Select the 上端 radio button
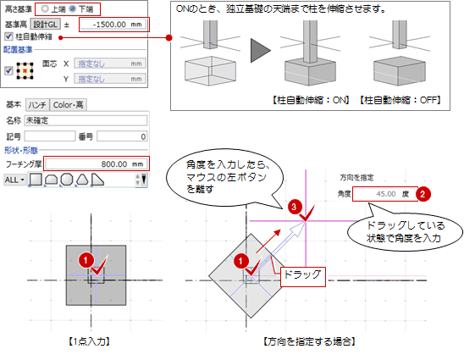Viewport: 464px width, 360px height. pos(45,8)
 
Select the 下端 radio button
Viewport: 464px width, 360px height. pos(72,8)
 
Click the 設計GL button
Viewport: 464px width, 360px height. pos(46,25)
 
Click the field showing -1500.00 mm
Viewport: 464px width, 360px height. pos(113,25)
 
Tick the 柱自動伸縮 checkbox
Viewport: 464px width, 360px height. pos(8,36)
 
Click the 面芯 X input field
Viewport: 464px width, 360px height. pos(110,64)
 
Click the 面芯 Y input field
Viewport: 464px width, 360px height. pos(110,79)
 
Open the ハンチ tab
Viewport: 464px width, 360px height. pos(37,105)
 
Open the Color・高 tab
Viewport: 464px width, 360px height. pos(68,105)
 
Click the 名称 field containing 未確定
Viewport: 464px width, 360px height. pos(86,120)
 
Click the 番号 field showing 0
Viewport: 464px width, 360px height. pos(122,136)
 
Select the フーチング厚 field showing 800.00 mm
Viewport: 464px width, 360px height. pos(96,163)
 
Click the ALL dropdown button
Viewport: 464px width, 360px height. pos(14,180)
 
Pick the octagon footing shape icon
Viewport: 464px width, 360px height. pos(67,180)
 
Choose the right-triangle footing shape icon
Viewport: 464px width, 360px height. pos(97,180)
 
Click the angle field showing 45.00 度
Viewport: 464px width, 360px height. pos(384,194)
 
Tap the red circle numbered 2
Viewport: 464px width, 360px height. pos(423,194)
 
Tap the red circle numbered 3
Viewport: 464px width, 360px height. pos(294,207)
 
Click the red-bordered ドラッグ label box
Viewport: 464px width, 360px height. pos(303,277)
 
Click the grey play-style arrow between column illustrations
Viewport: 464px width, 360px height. pos(260,50)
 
